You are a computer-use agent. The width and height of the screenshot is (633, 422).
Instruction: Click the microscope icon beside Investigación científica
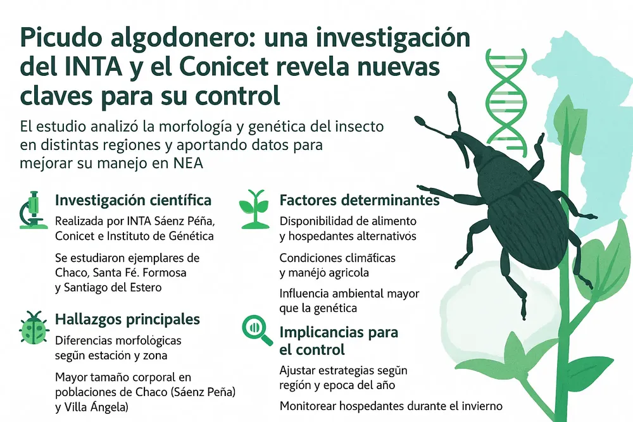pyautogui.click(x=30, y=209)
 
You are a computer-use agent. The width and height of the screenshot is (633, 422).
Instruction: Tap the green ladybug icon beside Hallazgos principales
pyautogui.click(x=32, y=327)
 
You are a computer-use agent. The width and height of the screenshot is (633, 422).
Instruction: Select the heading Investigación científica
pyautogui.click(x=134, y=201)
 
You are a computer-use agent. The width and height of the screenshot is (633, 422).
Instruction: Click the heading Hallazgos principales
pyautogui.click(x=128, y=319)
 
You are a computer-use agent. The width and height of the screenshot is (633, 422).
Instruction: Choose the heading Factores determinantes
pyautogui.click(x=360, y=201)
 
